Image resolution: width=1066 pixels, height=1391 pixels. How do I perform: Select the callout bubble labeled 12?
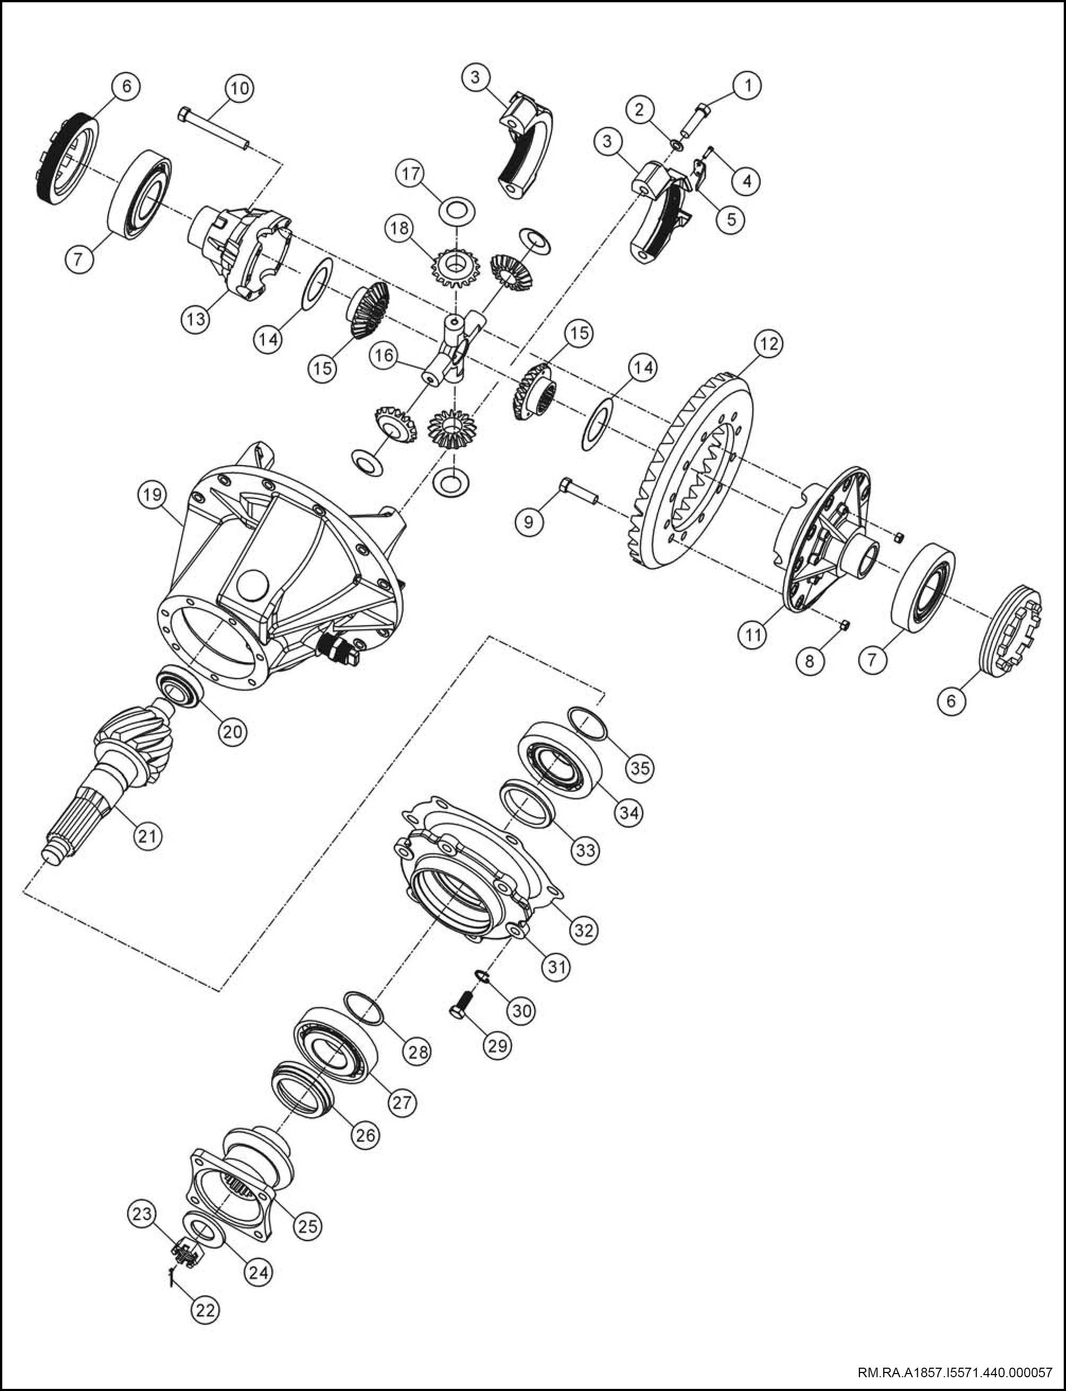pyautogui.click(x=768, y=344)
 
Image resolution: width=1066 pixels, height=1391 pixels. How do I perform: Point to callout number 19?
pyautogui.click(x=152, y=495)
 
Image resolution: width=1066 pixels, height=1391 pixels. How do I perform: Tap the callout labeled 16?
pyautogui.click(x=385, y=355)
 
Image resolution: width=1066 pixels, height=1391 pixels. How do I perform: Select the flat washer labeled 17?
pyautogui.click(x=457, y=209)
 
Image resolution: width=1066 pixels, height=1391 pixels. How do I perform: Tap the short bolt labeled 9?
pyautogui.click(x=578, y=491)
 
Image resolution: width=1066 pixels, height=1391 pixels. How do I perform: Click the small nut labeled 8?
pyautogui.click(x=845, y=626)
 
